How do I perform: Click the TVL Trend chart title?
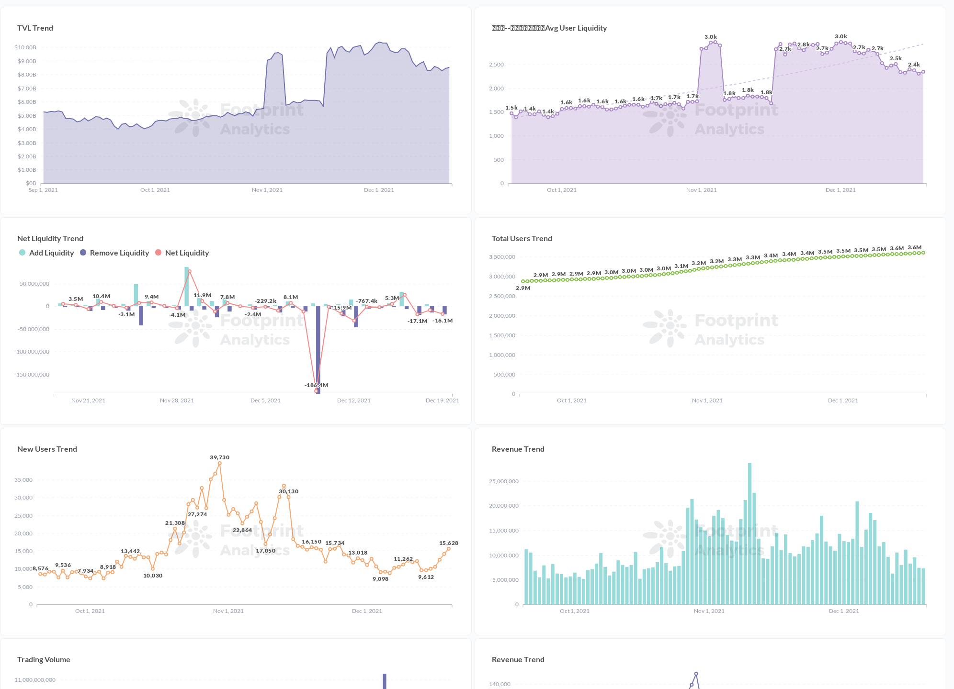tap(35, 28)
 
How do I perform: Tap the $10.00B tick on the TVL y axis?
tap(25, 47)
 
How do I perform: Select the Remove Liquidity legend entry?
tap(119, 253)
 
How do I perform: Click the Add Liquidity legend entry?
tap(51, 253)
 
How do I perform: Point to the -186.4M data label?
tap(316, 385)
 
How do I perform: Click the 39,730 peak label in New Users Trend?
tap(219, 457)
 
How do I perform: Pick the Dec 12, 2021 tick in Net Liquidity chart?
tap(353, 400)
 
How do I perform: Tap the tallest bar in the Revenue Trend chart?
tap(750, 533)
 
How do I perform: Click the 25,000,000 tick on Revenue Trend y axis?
tap(503, 481)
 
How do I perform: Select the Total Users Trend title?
tap(522, 239)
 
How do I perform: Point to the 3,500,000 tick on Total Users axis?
tap(502, 257)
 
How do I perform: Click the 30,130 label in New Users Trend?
tap(288, 491)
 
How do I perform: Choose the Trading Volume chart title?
tap(44, 660)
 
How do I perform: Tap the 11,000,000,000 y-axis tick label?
tap(35, 680)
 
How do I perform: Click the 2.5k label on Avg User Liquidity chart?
tap(896, 58)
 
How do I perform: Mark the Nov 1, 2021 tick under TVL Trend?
tap(267, 190)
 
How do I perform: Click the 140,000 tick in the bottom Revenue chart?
tap(500, 684)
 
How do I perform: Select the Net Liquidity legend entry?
tap(187, 253)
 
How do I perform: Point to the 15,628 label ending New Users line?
tap(448, 543)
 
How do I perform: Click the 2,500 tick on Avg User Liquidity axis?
tap(496, 65)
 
